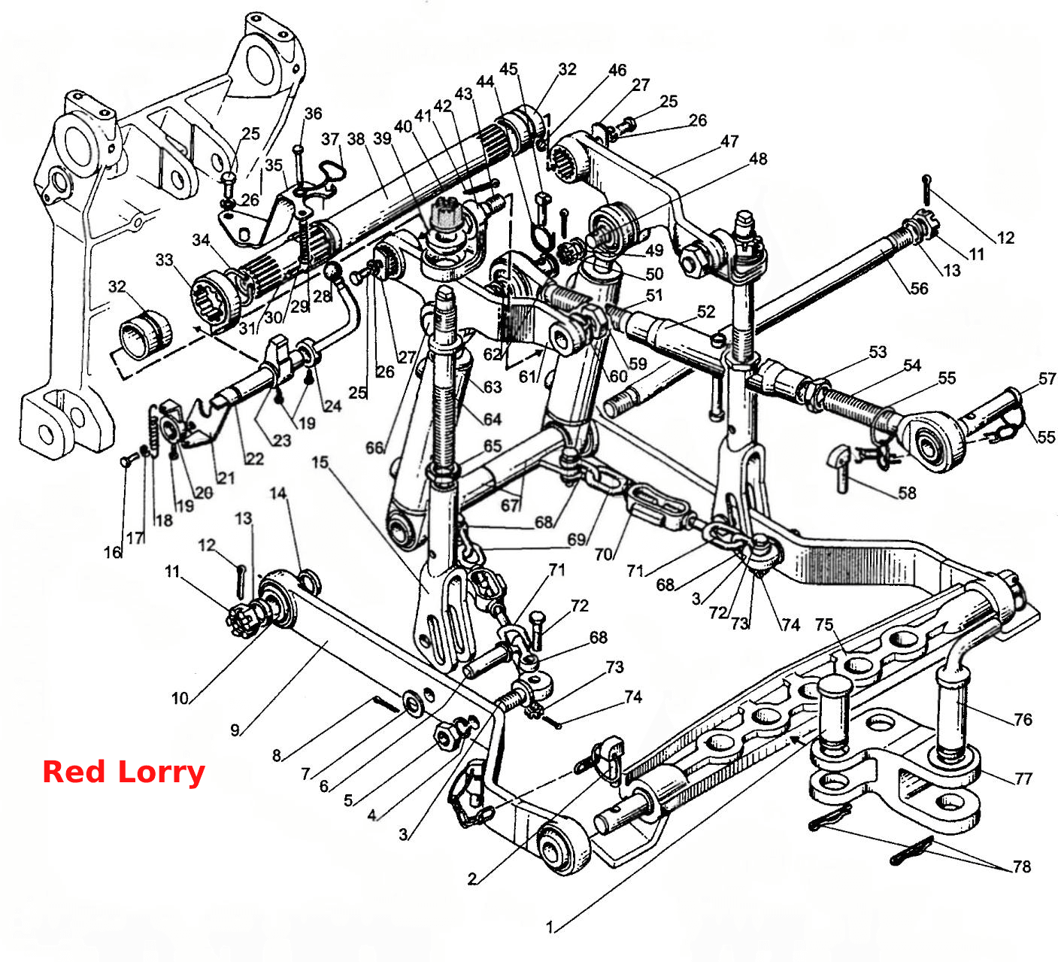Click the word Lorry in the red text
tap(161, 774)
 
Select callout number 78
tap(1021, 867)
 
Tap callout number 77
tap(1023, 778)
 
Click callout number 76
tap(1023, 719)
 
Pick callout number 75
tap(824, 625)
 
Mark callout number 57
tap(1047, 378)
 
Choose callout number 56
tap(919, 289)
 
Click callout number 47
tap(729, 141)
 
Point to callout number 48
tap(758, 159)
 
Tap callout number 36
tap(314, 114)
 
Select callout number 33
tap(165, 259)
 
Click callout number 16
tap(112, 553)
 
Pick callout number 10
tap(180, 699)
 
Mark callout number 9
tap(235, 730)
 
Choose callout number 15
tap(320, 463)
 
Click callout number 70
tap(603, 554)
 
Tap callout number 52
tap(705, 311)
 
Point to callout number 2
tap(471, 879)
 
